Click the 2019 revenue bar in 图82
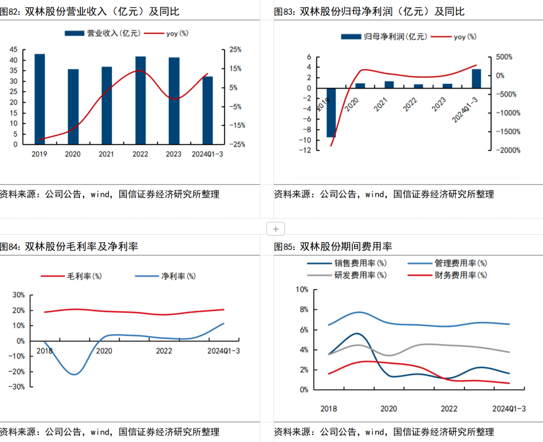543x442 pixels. pos(40,99)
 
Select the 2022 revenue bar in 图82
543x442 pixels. pos(140,100)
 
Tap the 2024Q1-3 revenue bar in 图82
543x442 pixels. pos(207,110)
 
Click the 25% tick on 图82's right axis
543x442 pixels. pos(235,49)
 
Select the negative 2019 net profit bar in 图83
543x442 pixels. pos(331,113)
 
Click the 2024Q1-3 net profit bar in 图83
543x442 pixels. pos(476,78)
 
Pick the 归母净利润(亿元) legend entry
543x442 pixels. pos(383,36)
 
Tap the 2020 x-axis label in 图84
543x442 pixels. pos(104,350)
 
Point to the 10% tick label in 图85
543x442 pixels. pos(302,289)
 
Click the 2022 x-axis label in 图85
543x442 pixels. pos(449,409)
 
